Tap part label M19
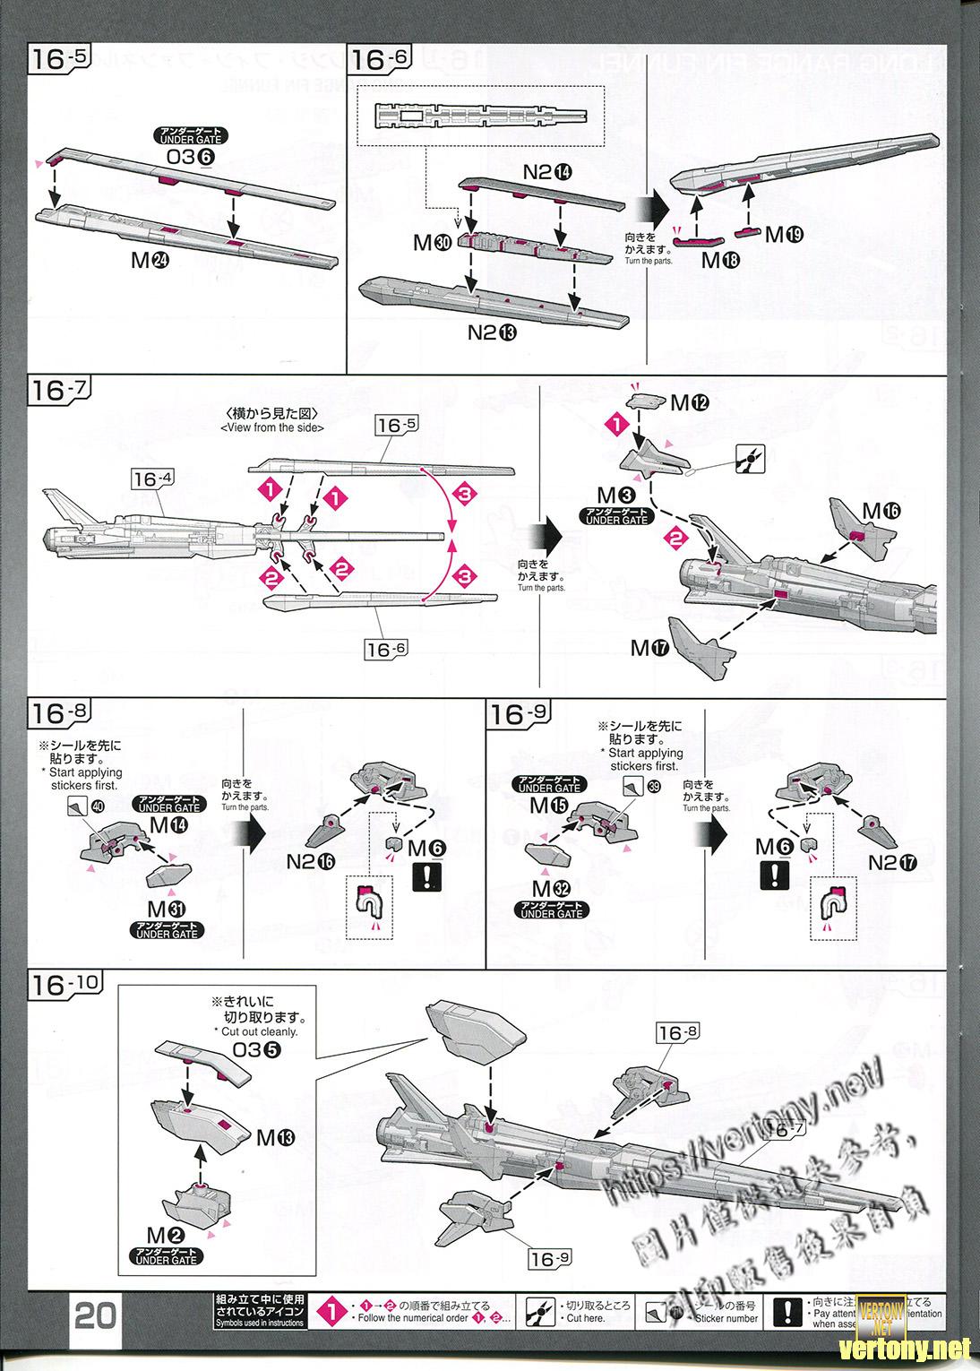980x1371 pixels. (x=784, y=234)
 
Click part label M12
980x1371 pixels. (x=690, y=403)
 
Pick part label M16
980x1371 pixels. (x=881, y=510)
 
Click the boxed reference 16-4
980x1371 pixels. (x=151, y=479)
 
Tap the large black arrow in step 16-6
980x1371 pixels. (x=657, y=211)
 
